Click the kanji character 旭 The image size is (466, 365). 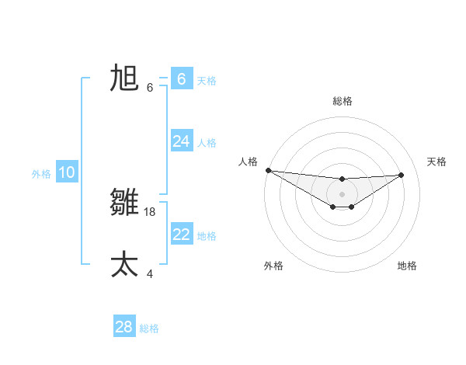(124, 78)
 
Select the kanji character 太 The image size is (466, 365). (124, 264)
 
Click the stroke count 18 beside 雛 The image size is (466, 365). (150, 211)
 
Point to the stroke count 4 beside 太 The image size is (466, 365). (150, 273)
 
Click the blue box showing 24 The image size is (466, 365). (182, 141)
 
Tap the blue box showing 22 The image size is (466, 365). (182, 234)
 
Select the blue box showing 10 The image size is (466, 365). (67, 172)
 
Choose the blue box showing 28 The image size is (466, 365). (124, 327)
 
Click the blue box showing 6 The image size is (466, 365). (182, 78)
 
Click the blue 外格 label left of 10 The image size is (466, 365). (41, 174)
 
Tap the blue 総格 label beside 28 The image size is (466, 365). (149, 328)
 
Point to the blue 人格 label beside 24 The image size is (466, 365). (207, 142)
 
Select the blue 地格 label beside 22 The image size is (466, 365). (207, 235)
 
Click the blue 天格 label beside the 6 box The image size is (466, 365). (207, 80)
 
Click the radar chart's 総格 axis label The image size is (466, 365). (342, 101)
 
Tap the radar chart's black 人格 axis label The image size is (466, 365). (249, 162)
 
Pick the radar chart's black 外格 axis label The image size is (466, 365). (273, 266)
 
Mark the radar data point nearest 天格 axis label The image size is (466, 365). (402, 175)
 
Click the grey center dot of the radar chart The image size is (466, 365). (342, 194)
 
